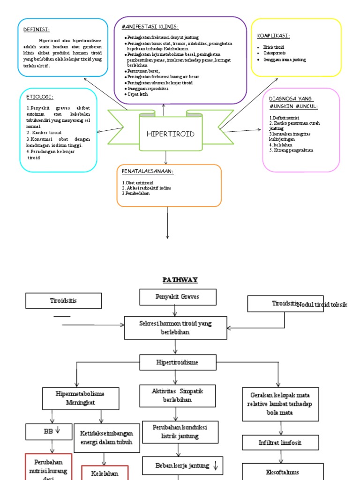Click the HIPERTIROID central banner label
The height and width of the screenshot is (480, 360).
tap(171, 134)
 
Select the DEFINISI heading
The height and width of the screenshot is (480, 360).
tap(37, 30)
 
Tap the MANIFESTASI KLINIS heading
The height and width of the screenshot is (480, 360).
tap(150, 27)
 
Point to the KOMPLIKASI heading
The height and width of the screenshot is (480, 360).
tap(273, 36)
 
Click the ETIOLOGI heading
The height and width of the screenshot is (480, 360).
tap(40, 97)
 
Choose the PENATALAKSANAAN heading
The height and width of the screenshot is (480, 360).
tap(148, 172)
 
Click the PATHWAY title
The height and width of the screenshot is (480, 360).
tap(180, 280)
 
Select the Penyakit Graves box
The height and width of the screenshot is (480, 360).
tap(178, 297)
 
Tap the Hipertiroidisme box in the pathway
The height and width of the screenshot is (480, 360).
tap(177, 362)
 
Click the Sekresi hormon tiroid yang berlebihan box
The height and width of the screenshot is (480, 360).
tap(175, 327)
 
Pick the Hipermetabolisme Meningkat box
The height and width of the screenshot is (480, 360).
tap(80, 398)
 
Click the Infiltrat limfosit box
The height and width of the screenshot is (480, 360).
tap(281, 442)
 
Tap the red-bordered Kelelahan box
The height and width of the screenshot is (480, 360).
tap(104, 473)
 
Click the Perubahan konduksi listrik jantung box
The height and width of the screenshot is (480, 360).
tap(176, 432)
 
